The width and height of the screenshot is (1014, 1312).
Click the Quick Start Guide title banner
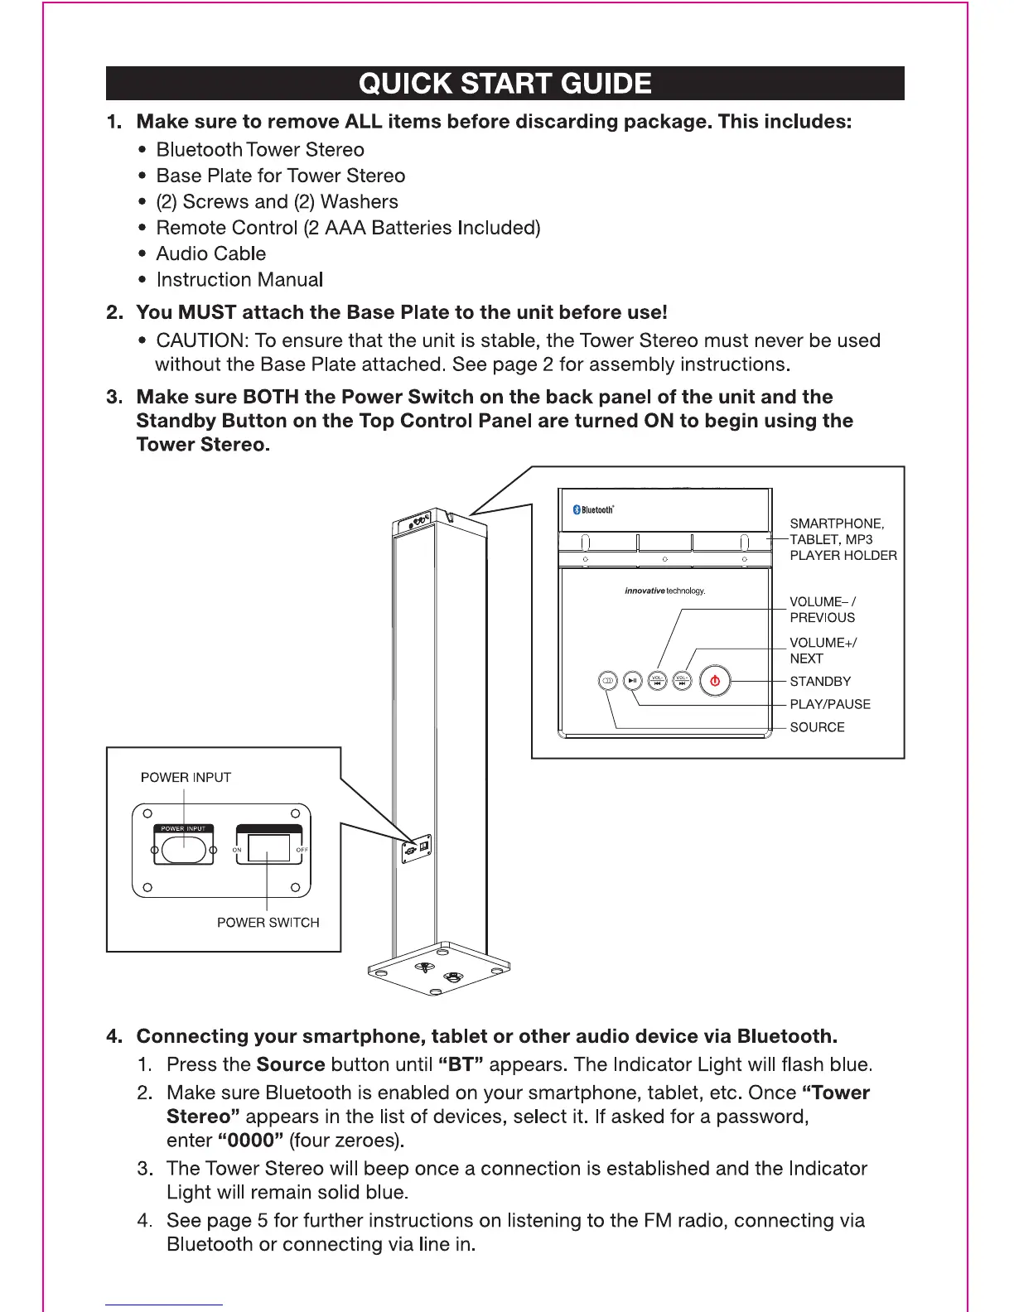(505, 84)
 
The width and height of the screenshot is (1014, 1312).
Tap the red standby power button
(715, 682)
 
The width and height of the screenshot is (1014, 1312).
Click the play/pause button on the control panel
(632, 681)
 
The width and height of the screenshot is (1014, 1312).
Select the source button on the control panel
(607, 681)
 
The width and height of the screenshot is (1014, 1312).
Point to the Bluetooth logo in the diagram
(593, 509)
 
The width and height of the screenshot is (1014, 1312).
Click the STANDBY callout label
(820, 682)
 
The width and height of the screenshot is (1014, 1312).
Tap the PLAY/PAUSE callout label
(830, 704)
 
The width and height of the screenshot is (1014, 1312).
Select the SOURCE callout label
(817, 727)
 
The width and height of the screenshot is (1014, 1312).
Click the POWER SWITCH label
(268, 923)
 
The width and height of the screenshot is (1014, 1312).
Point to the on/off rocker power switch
(268, 848)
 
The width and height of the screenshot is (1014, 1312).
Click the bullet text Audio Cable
(211, 253)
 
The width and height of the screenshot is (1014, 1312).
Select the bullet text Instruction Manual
(239, 280)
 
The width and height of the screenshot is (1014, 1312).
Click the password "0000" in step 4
(250, 1141)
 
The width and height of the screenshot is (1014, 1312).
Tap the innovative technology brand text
(664, 591)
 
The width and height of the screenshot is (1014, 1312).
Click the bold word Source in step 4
(291, 1064)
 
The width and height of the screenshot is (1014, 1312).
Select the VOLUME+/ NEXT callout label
(823, 650)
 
